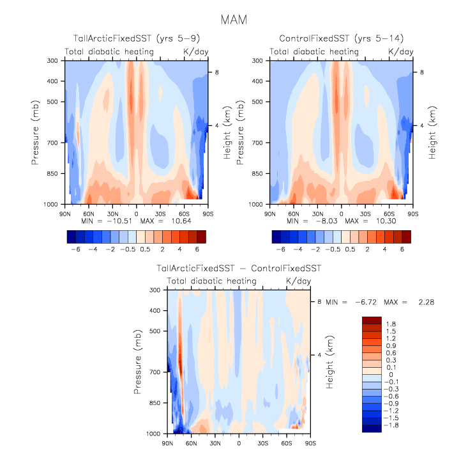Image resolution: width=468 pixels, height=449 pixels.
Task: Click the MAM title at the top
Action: [234, 20]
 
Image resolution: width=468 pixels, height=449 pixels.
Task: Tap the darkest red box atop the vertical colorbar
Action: [372, 320]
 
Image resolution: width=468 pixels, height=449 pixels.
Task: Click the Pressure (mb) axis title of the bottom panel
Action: [138, 361]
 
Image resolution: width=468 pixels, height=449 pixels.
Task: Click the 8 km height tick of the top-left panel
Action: [216, 72]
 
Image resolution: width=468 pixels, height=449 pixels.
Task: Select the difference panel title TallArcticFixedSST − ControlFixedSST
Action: [239, 268]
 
